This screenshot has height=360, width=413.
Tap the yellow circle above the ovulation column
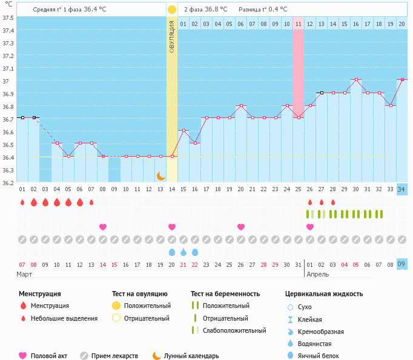point(172,10)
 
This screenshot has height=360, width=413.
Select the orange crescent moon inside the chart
point(160,175)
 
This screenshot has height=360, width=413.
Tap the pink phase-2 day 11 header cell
point(298,24)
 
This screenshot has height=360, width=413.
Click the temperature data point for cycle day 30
point(356,80)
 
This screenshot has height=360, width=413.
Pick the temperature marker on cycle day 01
point(22,117)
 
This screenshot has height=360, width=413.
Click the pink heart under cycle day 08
point(103,227)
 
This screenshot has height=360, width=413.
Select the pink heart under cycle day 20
point(241,227)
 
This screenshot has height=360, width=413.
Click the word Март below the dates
point(25,274)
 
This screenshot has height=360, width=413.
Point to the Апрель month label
point(319,274)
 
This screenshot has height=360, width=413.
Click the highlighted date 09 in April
point(401,264)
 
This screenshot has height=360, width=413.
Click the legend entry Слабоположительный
point(234,330)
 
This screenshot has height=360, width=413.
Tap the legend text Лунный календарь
point(192,356)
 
